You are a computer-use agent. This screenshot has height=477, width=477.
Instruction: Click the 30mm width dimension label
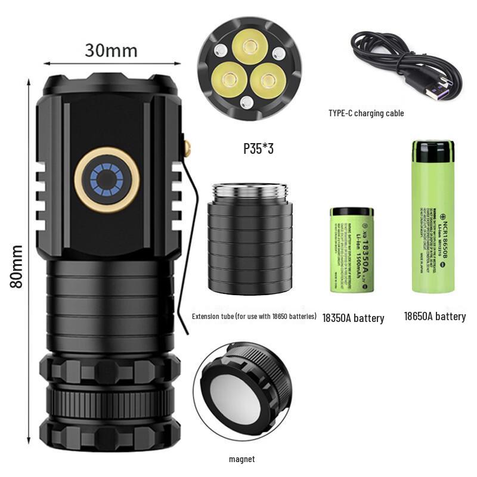coord(111,50)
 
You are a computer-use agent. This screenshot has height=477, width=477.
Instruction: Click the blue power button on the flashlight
coord(107,179)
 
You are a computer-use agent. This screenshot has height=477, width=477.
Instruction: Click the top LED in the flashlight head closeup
coord(249,47)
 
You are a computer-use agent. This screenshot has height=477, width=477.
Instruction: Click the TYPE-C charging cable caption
coord(366,113)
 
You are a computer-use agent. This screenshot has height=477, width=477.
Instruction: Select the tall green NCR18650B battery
coord(433,216)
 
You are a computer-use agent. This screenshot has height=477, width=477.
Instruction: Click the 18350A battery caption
coord(353,318)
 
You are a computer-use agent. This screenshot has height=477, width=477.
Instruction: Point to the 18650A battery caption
coord(434,316)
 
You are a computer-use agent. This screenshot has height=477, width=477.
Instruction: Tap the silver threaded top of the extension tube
coord(250,193)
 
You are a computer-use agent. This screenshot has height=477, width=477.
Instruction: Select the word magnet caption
coord(241,459)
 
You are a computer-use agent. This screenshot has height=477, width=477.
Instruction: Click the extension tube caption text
coord(254,316)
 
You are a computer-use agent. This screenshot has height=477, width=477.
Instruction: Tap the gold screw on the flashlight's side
coord(187,147)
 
